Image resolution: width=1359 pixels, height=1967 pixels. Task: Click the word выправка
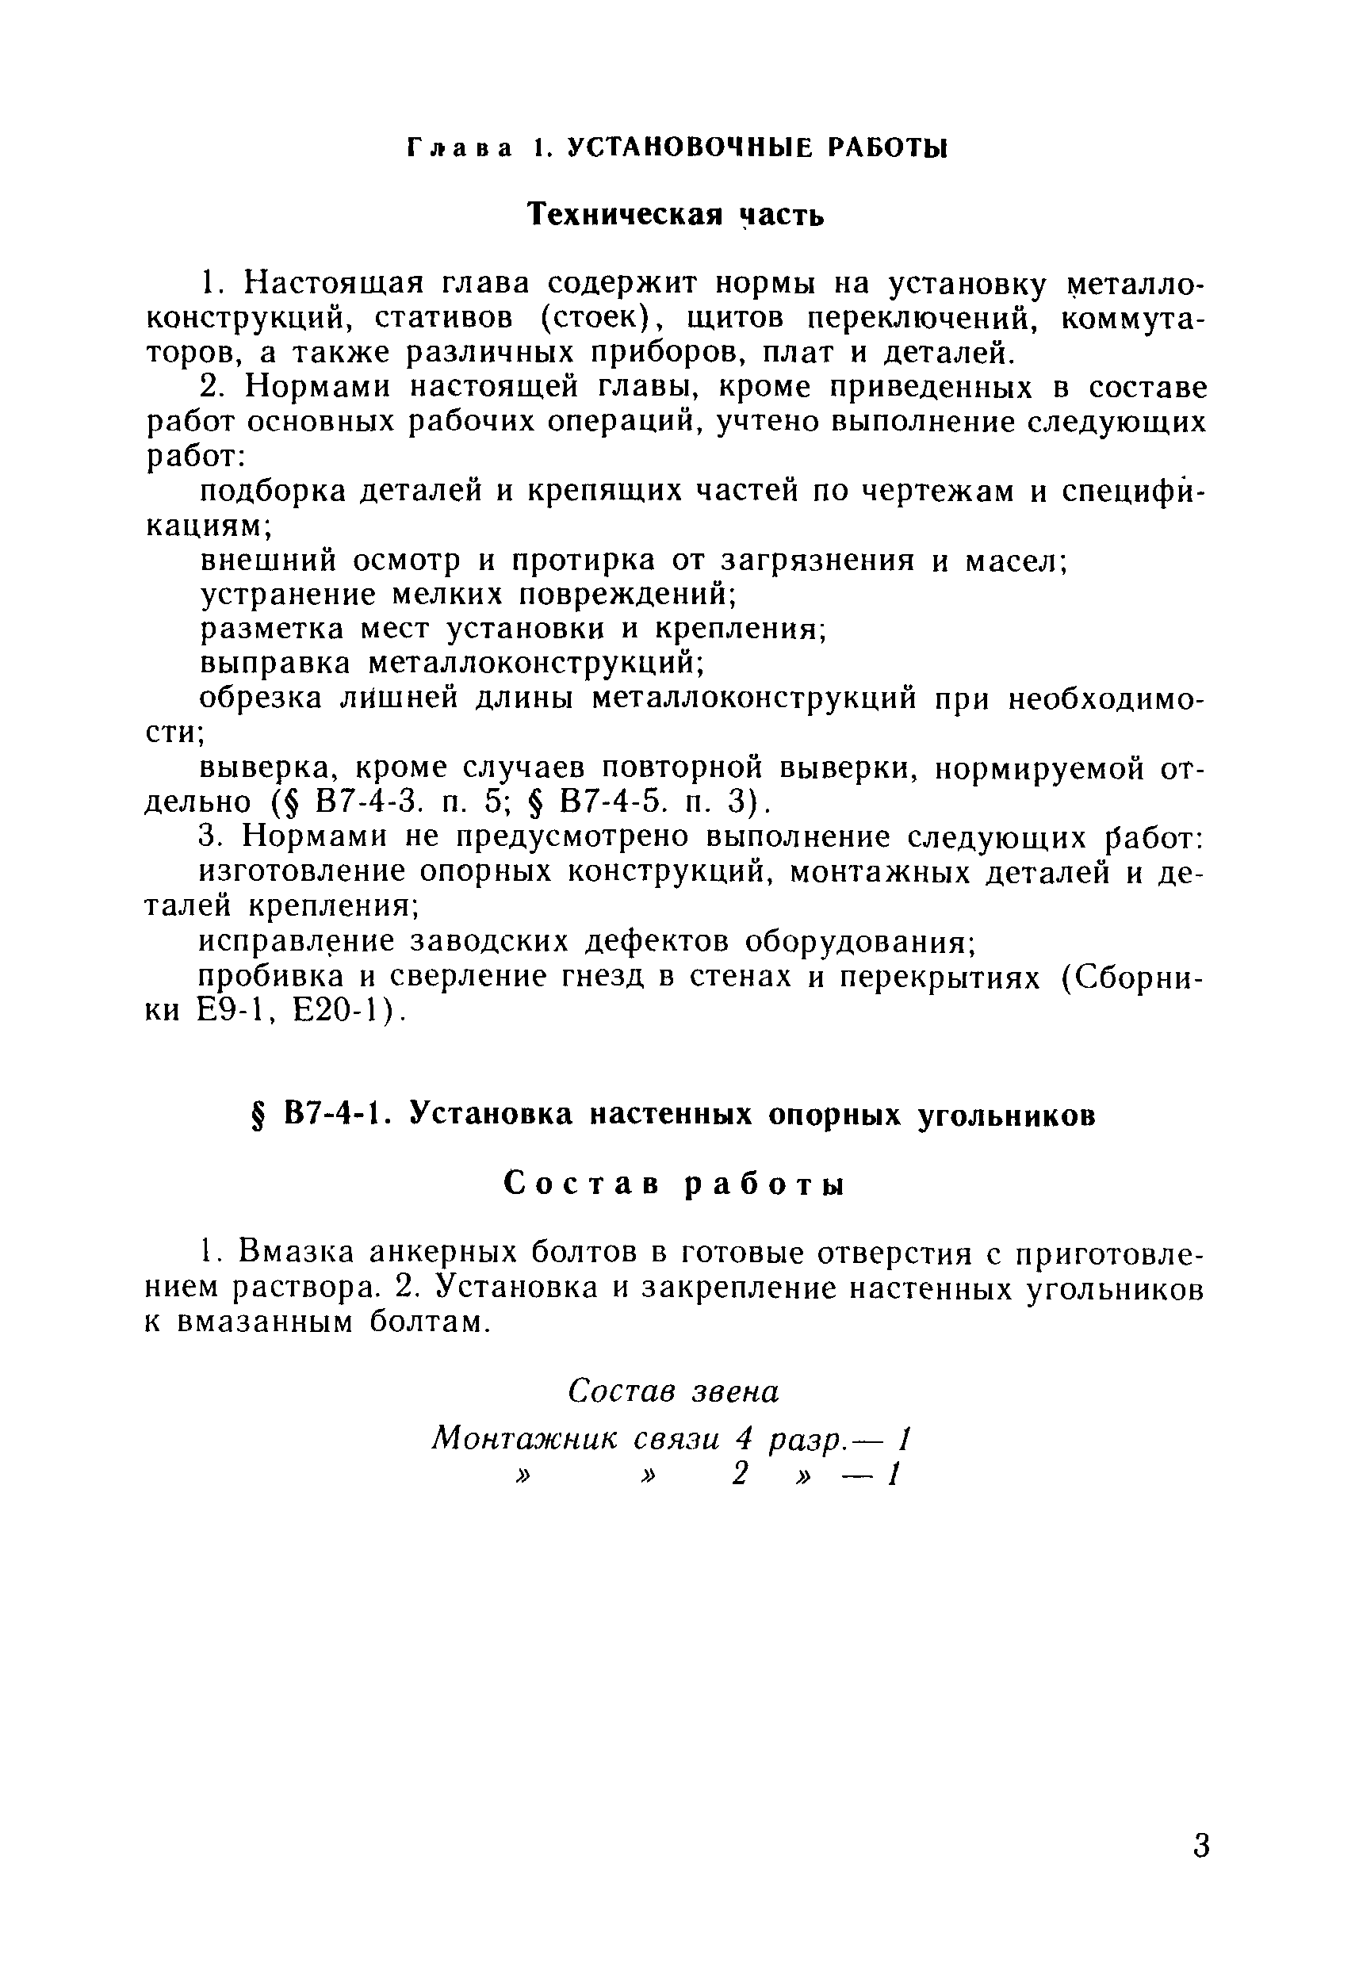pos(274,664)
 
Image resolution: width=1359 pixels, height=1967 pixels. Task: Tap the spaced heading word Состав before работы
pos(583,1183)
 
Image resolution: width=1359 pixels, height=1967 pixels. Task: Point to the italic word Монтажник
pos(523,1439)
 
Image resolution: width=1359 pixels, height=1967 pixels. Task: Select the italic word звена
pos(735,1391)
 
